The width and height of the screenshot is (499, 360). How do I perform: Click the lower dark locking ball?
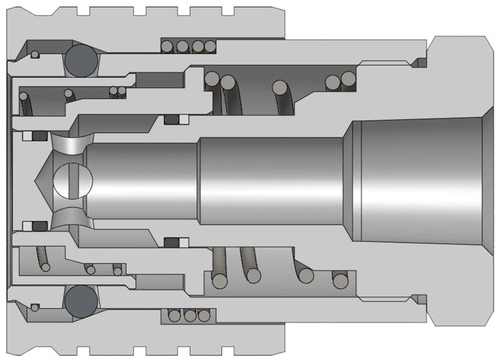(80, 299)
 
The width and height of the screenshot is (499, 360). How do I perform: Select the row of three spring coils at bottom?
(190, 315)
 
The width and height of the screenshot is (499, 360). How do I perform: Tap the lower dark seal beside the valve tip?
(39, 226)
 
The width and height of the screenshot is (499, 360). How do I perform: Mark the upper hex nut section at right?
(459, 60)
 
